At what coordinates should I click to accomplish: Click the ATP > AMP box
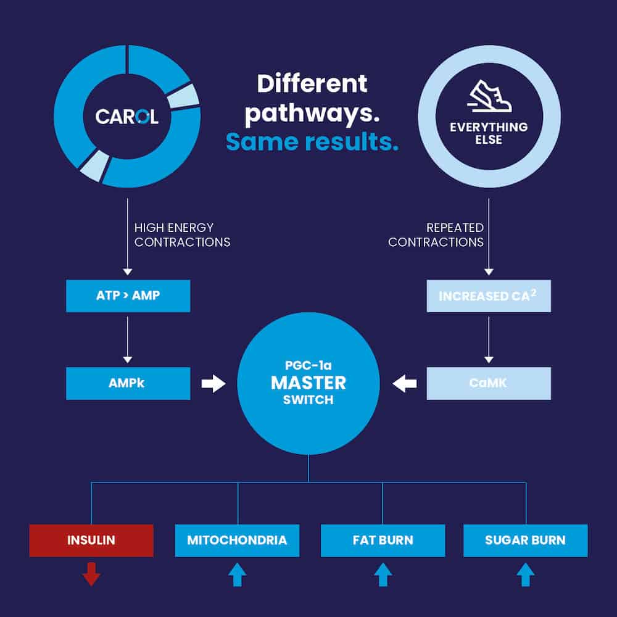coord(128,296)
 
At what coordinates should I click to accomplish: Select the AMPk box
coord(128,383)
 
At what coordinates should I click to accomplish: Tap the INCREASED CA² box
coord(488,296)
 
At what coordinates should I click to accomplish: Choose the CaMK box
coord(488,383)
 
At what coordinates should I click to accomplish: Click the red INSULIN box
coord(91,540)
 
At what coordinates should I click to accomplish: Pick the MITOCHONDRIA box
coord(237,540)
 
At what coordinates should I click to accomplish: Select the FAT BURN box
coord(383,540)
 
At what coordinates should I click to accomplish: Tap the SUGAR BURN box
coord(525,540)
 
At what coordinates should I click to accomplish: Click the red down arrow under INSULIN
coord(91,574)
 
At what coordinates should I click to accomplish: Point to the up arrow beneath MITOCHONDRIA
coord(237,574)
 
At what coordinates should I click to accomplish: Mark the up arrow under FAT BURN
coord(383,574)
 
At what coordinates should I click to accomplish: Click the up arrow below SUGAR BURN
coord(525,574)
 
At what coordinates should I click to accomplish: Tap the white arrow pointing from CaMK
coord(405,384)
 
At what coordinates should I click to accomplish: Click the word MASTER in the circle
coord(308,383)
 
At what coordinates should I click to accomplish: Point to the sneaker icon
coord(489,97)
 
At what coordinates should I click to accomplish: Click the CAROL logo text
coord(126,117)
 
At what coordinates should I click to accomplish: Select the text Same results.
coord(312,142)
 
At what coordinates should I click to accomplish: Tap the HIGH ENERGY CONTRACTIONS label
coord(182,235)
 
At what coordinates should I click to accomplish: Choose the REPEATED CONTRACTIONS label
coord(436,235)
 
